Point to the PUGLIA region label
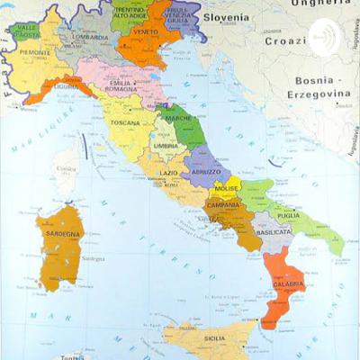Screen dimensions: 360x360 pyautogui.click(x=287, y=216)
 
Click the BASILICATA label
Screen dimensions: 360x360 pyautogui.click(x=272, y=231)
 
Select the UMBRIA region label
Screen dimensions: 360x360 pyautogui.click(x=164, y=146)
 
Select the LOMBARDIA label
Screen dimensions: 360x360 pyautogui.click(x=90, y=39)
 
